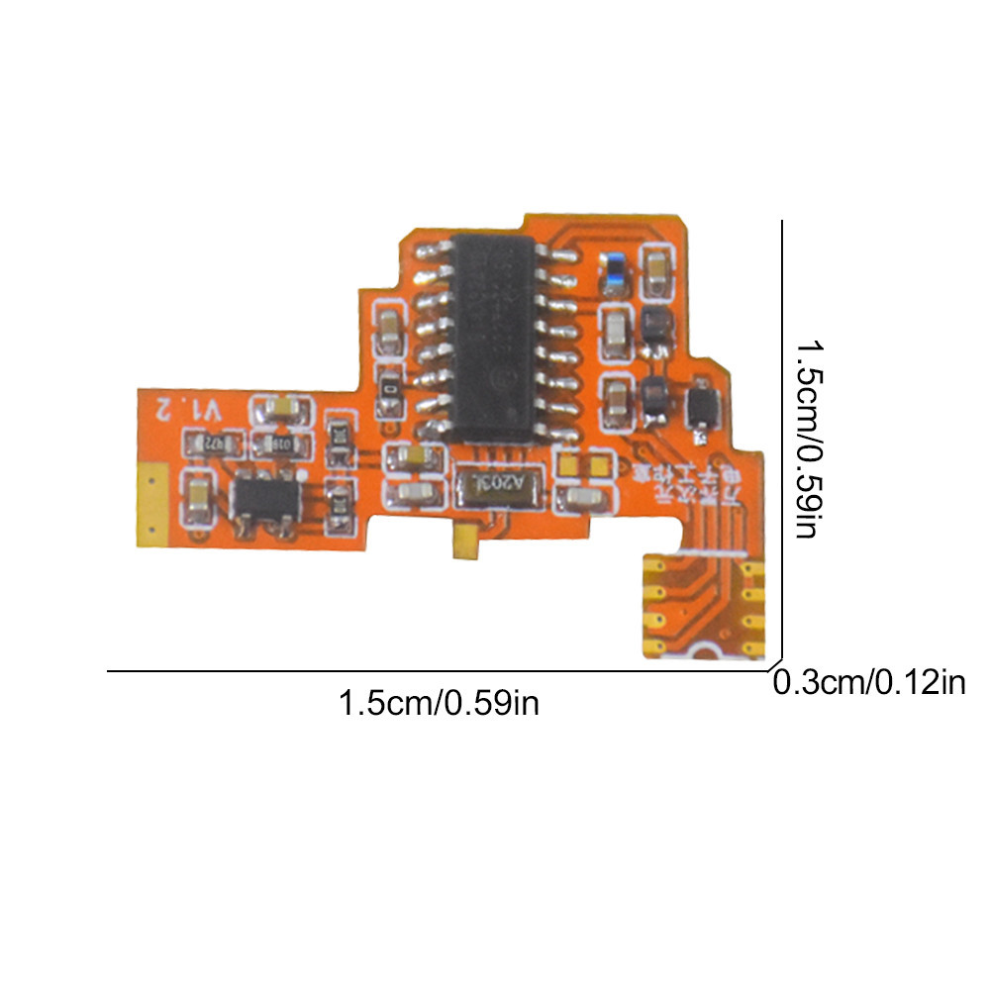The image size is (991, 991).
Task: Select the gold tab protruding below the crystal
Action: point(462,542)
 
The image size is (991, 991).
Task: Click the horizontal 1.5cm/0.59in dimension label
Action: point(439,704)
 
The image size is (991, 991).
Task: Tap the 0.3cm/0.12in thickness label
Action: point(868,683)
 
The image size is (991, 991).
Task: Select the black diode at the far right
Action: point(702,406)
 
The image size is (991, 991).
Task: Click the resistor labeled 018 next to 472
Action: point(281,444)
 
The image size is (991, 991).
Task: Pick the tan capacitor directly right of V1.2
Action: point(281,407)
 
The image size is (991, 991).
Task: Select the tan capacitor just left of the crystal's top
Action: point(410,456)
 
